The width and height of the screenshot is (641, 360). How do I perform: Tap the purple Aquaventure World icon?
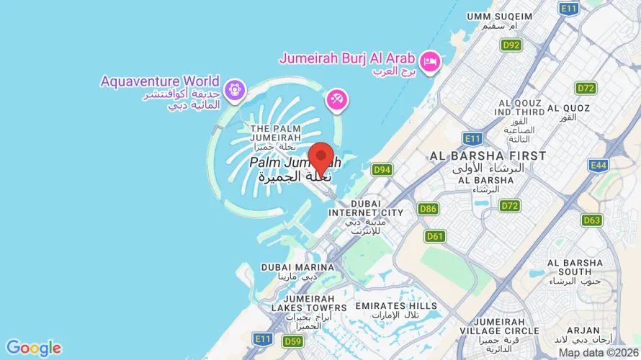click(x=233, y=91)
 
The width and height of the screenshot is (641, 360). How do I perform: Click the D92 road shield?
click(x=511, y=45)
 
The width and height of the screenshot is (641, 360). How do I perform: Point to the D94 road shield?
click(x=382, y=170)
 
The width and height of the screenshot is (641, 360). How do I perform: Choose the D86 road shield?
click(x=428, y=209)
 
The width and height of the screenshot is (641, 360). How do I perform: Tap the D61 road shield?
click(x=435, y=235)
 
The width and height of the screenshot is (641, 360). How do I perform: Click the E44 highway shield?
click(x=598, y=166)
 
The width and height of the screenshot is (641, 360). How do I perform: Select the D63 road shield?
click(x=592, y=220)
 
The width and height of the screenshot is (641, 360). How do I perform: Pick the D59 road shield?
click(x=292, y=341)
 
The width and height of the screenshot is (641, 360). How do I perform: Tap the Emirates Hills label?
click(x=396, y=306)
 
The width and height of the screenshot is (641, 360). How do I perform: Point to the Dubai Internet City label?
click(x=366, y=212)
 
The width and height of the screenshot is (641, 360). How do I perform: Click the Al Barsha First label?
click(x=488, y=156)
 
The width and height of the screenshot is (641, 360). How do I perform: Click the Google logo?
click(x=33, y=348)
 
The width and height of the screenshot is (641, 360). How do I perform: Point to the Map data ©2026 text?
click(x=599, y=353)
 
